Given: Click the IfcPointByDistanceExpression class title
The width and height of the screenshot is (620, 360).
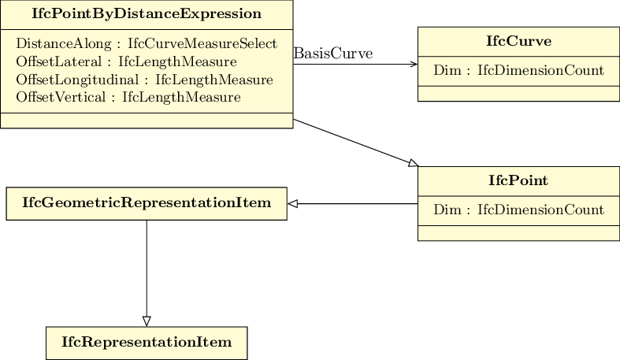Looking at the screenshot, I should [x=146, y=14].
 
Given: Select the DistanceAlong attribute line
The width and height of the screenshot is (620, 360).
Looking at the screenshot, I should [x=146, y=43].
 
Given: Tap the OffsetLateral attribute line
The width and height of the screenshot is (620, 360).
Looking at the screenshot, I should [x=126, y=61].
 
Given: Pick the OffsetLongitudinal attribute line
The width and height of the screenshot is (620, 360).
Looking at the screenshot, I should [x=144, y=80].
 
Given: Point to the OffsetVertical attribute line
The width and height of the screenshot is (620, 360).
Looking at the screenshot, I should [x=128, y=98].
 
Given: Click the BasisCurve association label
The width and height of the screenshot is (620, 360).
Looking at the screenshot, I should [x=332, y=54].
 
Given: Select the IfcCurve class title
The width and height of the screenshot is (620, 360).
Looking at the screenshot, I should [x=518, y=41].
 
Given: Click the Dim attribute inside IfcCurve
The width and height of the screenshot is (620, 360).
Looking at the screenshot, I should [x=518, y=71].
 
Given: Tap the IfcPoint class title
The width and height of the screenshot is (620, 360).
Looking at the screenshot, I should [x=518, y=180].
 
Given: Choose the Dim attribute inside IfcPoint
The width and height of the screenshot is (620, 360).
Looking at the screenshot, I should [x=518, y=210].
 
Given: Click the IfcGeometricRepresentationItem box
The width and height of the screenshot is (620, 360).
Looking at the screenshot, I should [x=147, y=203].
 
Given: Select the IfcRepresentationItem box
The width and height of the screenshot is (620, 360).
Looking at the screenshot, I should [x=147, y=343].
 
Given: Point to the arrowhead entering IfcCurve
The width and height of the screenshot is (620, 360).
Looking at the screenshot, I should [x=414, y=64].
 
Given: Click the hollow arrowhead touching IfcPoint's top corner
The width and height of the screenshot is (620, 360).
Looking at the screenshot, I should [x=413, y=163].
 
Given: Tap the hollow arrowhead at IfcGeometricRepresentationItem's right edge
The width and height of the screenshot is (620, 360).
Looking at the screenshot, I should [x=292, y=204].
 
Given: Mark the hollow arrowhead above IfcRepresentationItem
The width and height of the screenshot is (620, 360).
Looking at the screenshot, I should [x=147, y=321].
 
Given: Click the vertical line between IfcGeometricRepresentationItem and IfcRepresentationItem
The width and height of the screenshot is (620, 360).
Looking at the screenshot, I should [x=147, y=268].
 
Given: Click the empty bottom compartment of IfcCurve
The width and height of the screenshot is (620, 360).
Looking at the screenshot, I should [x=518, y=94].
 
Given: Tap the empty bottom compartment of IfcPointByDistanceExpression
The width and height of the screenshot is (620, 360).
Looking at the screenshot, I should [x=146, y=121].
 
